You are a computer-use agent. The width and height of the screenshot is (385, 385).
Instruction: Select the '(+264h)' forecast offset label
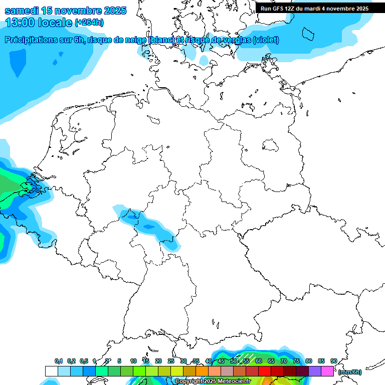point(90,23)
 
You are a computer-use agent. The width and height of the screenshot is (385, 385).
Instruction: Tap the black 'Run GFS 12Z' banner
point(314,8)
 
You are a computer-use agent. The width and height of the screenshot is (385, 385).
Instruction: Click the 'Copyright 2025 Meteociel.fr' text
point(213,381)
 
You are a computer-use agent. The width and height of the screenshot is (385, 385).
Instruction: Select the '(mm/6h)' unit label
point(349,372)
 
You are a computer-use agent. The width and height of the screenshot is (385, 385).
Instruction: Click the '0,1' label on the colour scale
point(59,361)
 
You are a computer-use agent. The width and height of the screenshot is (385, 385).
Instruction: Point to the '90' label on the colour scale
point(334,361)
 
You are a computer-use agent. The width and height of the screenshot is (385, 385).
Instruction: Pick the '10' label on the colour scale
point(133,361)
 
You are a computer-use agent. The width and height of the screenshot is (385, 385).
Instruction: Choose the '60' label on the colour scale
point(259,361)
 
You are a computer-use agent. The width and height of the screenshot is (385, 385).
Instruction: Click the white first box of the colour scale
point(51,371)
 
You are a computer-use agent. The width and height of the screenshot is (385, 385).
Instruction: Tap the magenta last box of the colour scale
point(327,371)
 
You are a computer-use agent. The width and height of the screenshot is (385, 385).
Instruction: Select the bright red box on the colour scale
point(265,371)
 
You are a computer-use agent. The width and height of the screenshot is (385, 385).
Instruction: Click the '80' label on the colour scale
point(309,361)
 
